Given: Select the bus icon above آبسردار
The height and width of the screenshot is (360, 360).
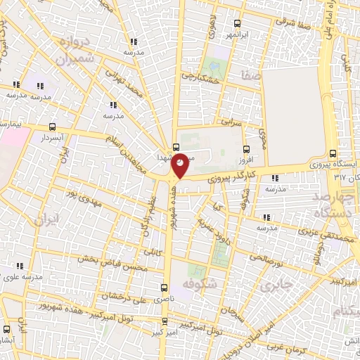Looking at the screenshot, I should point(53,127).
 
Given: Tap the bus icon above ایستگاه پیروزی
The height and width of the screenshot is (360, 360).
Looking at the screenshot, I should point(333,153).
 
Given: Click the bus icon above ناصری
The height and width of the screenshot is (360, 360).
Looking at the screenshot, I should point(164,288).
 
